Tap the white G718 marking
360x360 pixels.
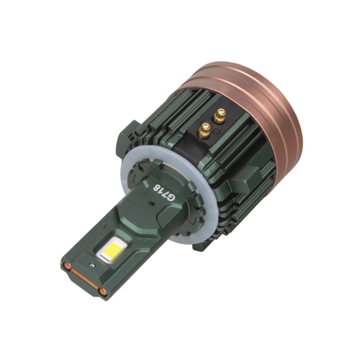[x=164, y=192]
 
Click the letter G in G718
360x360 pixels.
[x=171, y=198]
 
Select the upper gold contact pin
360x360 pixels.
[x=220, y=116]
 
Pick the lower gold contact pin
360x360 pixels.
[x=205, y=131]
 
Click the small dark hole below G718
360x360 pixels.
[x=151, y=203]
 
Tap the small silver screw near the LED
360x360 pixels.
[x=92, y=265]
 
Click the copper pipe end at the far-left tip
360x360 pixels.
[x=67, y=266]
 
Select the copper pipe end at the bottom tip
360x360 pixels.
[x=103, y=292]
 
